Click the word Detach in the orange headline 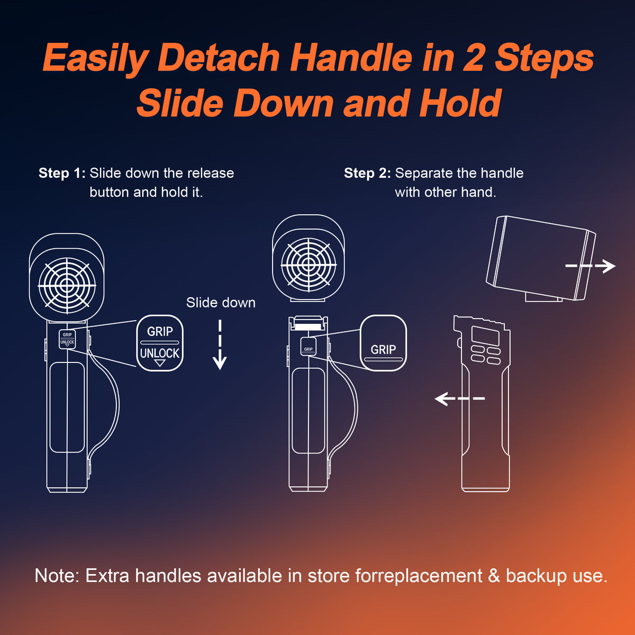(219, 58)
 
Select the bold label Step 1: (62, 173)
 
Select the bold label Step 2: (367, 173)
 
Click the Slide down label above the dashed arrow (221, 303)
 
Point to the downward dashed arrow (220, 344)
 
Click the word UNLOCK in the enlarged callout (160, 353)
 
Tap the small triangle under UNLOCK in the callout (160, 363)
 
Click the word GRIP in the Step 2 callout (383, 349)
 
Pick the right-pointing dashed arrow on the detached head (590, 266)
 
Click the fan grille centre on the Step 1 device (67, 285)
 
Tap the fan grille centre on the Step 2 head (309, 264)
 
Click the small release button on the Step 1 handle (67, 339)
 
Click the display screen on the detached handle (485, 336)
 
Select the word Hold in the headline (460, 103)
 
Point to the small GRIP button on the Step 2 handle (309, 347)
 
